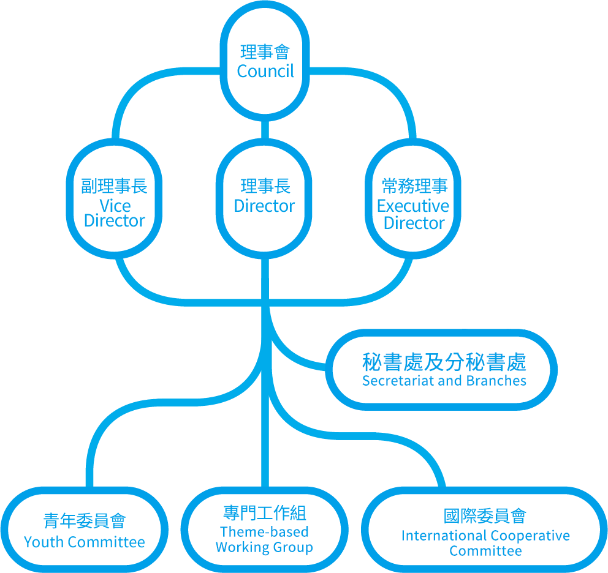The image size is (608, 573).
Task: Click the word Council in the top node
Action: coord(265,71)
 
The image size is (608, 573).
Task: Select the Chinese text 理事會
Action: coord(265,52)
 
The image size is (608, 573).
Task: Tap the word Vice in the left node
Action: coord(115,206)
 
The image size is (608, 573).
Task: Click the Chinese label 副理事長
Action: coord(115,187)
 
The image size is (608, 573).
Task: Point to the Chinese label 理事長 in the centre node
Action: coord(265,186)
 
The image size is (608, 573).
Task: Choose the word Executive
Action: coord(413,206)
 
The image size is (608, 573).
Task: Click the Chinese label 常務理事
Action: coord(414,186)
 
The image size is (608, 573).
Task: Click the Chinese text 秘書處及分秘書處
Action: coord(444,362)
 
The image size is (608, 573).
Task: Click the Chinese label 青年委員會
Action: coord(85,521)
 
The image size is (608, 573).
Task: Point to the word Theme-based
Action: coord(264,532)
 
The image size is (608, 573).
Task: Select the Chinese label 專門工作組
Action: coord(265,513)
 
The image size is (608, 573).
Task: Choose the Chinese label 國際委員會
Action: coord(485,516)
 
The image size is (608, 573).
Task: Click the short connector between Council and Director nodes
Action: coord(265,129)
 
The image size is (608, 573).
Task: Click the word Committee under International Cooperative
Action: coord(485,551)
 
